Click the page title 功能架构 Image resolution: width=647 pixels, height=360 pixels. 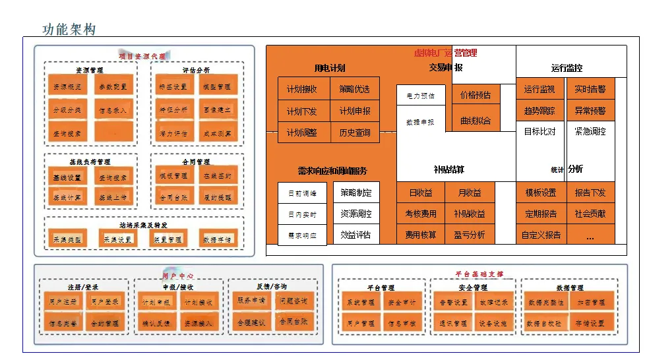[x=69, y=29]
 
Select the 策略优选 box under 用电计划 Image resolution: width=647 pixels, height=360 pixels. [x=355, y=89]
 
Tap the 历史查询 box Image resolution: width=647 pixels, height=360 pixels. [x=355, y=133]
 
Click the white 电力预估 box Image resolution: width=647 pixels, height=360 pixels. [x=420, y=96]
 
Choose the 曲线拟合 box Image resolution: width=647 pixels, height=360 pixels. [x=476, y=121]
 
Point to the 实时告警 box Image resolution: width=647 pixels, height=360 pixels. [x=590, y=89]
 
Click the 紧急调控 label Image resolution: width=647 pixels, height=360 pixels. [x=590, y=131]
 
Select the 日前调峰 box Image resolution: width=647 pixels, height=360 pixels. [x=302, y=193]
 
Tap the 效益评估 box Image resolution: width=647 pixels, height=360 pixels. [x=356, y=235]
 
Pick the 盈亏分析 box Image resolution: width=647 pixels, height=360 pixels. [x=470, y=235]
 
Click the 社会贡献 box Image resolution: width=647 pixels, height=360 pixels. [x=590, y=214]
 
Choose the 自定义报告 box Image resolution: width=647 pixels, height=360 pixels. [x=541, y=235]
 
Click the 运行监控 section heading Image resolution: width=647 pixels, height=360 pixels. [x=567, y=68]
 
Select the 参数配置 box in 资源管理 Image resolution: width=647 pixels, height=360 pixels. [x=113, y=87]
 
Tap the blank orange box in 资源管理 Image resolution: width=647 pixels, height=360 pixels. [x=113, y=133]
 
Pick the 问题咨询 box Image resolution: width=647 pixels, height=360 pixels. [x=294, y=301]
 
